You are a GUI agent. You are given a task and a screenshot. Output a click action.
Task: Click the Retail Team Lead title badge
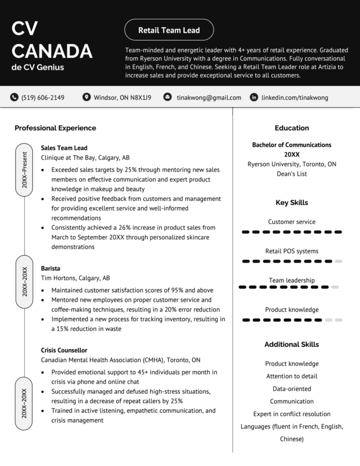(169, 30)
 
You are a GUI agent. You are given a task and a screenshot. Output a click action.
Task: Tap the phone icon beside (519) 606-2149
(15, 98)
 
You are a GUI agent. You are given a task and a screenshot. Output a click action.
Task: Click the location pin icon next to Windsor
(86, 98)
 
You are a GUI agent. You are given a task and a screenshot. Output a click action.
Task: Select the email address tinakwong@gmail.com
(209, 98)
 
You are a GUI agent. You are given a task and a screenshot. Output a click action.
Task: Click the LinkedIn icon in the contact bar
(254, 98)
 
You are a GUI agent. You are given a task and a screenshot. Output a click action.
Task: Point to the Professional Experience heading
(55, 128)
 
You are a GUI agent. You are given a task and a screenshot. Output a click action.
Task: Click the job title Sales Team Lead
(64, 148)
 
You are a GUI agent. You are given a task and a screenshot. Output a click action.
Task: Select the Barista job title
(51, 269)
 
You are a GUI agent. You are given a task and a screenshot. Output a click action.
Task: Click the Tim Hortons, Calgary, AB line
(75, 278)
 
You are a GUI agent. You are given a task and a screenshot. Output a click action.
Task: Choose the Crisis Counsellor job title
(64, 350)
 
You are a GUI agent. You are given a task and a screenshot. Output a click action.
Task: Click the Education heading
(292, 128)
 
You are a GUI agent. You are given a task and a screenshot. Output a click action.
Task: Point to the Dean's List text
(292, 174)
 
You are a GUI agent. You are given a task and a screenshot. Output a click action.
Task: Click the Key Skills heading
(292, 203)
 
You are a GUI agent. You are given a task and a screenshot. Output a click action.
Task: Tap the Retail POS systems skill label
(292, 251)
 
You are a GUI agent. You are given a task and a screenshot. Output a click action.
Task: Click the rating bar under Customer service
(292, 232)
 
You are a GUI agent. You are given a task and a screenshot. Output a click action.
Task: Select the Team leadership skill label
(292, 280)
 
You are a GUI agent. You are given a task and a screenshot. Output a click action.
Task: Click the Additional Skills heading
(292, 344)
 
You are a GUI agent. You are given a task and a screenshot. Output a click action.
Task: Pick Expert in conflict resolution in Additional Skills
(292, 414)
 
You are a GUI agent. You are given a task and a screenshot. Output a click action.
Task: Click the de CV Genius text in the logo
(37, 68)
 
